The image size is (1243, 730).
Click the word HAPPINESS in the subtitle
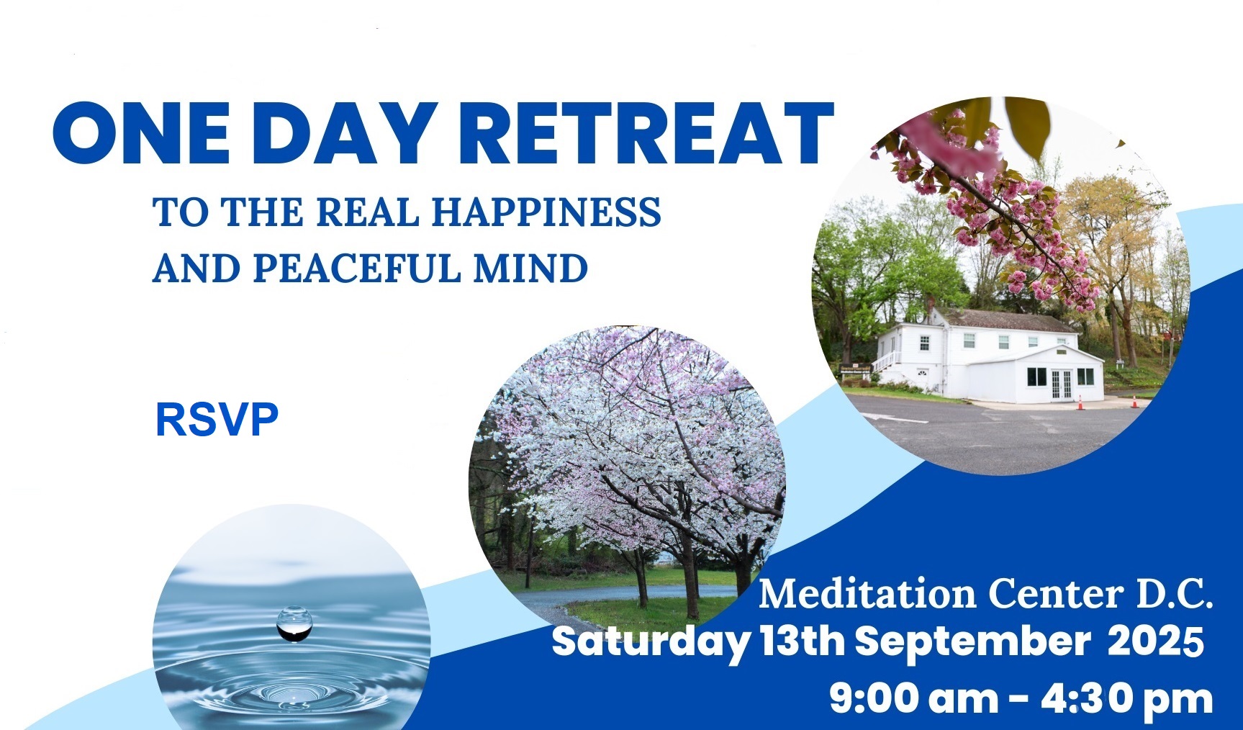546,212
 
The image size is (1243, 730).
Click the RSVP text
217,420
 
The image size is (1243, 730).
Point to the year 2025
1155,641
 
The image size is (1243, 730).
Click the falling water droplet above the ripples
294,623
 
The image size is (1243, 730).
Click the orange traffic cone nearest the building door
1080,402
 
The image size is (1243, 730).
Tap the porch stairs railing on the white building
885,360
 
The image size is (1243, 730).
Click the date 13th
802,641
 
